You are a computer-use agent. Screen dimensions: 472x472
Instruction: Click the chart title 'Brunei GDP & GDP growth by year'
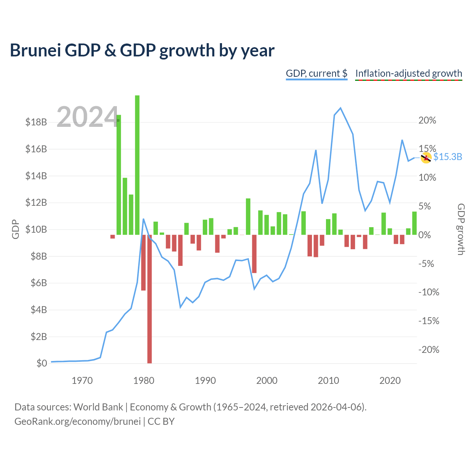(142, 51)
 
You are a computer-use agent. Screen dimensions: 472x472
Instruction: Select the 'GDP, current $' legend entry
(316, 73)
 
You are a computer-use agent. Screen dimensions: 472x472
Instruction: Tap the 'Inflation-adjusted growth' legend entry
(409, 73)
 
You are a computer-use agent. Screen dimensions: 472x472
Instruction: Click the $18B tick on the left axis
(36, 122)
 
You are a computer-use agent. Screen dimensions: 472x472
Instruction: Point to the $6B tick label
(39, 283)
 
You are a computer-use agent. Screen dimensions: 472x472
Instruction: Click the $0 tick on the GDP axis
(42, 363)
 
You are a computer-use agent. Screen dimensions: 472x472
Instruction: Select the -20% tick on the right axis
(428, 350)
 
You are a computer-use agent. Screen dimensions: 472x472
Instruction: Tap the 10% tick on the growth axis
(427, 177)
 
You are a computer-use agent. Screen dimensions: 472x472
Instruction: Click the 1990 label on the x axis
(205, 381)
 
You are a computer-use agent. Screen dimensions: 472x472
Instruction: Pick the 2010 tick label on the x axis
(328, 381)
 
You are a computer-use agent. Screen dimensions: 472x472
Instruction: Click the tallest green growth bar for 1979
(137, 165)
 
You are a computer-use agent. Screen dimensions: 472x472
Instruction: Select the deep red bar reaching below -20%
(149, 299)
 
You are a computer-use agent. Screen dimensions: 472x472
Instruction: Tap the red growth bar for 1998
(254, 254)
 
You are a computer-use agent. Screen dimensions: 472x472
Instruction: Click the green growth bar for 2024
(414, 223)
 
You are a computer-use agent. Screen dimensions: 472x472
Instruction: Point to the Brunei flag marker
(426, 158)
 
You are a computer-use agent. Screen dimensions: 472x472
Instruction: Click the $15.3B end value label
(448, 157)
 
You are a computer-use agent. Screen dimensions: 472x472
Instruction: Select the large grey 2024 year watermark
(88, 117)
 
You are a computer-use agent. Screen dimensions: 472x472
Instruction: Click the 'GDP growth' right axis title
(461, 229)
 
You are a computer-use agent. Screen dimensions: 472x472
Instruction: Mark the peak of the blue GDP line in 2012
(340, 108)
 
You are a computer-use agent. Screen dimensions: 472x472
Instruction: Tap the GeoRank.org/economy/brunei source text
(77, 421)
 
